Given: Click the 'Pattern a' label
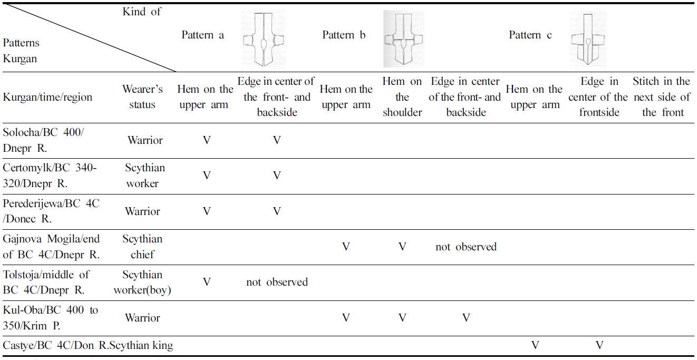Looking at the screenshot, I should coord(203,35).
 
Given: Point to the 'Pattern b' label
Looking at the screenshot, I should coord(344,35).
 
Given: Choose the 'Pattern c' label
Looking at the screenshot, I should coord(530,35).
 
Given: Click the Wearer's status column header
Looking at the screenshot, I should coord(142,97).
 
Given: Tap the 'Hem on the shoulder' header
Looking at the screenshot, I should coord(402,97).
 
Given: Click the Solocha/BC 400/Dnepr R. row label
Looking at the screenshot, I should coord(44,140).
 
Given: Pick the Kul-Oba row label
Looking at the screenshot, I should coord(51,318).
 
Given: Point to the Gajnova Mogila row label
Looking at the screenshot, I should coord(52,247).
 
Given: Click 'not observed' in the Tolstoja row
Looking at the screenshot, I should coord(277,283).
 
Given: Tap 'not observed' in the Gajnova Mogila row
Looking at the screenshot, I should coord(466,247).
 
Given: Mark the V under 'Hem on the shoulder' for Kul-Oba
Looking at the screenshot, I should coord(402,318).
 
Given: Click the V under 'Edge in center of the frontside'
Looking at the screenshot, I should coord(599,346).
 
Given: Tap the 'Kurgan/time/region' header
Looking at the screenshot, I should coord(47,98).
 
